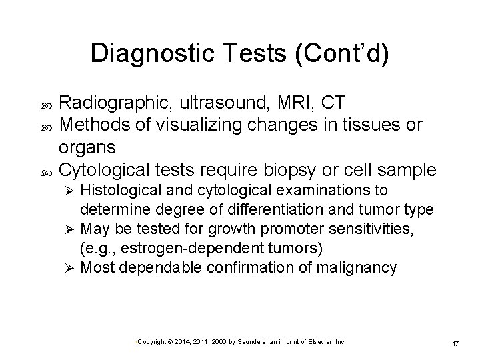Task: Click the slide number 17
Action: pyautogui.click(x=455, y=343)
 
